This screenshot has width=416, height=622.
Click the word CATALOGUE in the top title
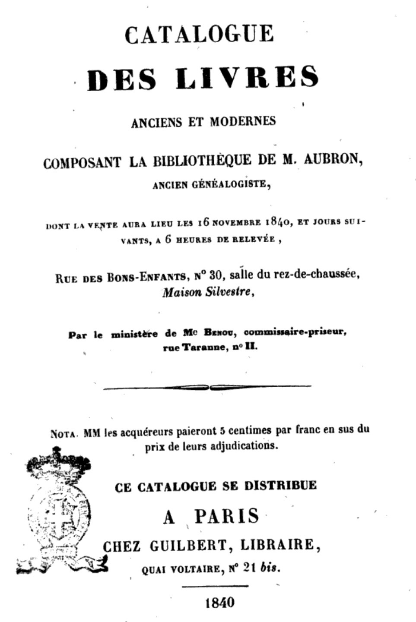[x=199, y=34]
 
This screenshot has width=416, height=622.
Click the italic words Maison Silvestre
[x=206, y=292]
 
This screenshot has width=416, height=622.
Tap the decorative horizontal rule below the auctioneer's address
[x=207, y=387]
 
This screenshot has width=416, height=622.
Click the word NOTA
[x=64, y=433]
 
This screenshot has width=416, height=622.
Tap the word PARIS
[x=226, y=516]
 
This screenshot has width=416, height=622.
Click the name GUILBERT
[x=187, y=545]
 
